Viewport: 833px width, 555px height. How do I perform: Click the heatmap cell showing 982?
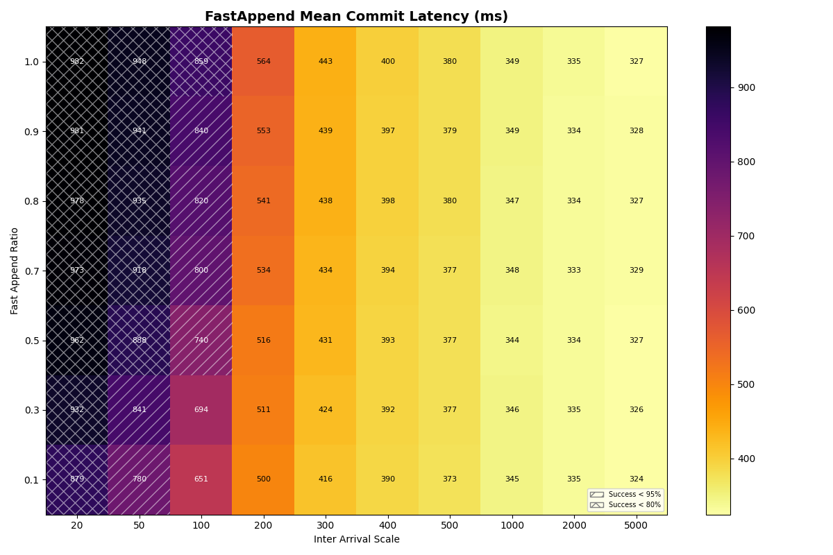(77, 62)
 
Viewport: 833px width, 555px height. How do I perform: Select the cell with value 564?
(263, 62)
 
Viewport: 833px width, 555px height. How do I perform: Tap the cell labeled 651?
(201, 479)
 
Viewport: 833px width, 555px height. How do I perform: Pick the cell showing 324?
(636, 479)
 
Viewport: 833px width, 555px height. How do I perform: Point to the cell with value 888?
(139, 341)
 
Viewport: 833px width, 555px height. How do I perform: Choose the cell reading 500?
(263, 479)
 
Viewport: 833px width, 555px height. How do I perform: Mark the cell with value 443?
(326, 62)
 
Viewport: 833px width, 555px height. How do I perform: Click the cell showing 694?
(201, 410)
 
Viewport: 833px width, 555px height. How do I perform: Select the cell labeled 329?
(636, 271)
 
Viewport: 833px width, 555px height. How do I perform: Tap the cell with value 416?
(326, 479)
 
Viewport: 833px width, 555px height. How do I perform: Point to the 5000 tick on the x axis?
(636, 526)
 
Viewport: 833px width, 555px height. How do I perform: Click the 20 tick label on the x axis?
(77, 526)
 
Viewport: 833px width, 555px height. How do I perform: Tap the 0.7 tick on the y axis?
(31, 271)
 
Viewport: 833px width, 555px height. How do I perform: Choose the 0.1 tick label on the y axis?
(31, 479)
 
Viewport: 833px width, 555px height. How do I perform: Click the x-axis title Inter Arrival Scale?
(356, 540)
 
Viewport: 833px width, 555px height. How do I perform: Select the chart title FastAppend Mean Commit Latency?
(356, 17)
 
